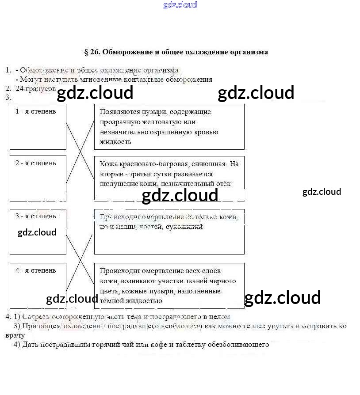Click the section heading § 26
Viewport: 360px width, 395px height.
[176, 52]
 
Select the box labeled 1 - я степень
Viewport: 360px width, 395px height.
[38, 127]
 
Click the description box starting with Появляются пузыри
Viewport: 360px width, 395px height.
[169, 127]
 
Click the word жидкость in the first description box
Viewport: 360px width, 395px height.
[115, 142]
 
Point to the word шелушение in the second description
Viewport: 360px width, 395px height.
[116, 184]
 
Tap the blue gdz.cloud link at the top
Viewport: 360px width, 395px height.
[180, 5]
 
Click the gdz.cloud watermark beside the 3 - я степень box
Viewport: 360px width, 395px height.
[37, 232]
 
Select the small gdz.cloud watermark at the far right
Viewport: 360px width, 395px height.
[322, 192]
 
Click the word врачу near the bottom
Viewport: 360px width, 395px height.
[15, 335]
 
